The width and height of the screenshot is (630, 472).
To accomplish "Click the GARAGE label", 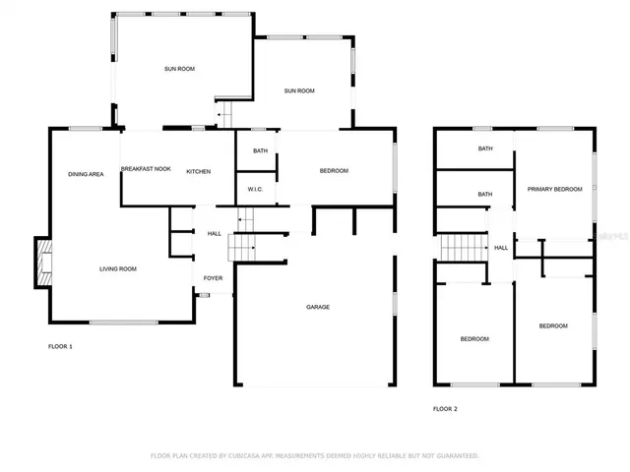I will click(x=317, y=308).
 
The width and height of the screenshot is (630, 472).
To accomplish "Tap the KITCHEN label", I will click(x=199, y=171).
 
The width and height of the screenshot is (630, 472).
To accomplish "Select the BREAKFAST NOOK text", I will click(x=146, y=169).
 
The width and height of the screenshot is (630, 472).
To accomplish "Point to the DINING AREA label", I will click(x=86, y=174).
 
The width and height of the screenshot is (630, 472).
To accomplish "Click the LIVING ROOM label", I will click(x=117, y=268).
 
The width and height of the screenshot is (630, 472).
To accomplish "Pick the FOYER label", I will click(x=213, y=278).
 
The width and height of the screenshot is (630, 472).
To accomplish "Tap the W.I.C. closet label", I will click(x=253, y=190).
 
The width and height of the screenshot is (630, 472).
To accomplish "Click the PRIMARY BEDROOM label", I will click(x=554, y=189).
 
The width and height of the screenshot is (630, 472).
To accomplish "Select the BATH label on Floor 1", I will click(x=260, y=150).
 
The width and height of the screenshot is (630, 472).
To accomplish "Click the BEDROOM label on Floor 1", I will click(x=334, y=171).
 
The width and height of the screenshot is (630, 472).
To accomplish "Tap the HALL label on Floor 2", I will click(x=501, y=248).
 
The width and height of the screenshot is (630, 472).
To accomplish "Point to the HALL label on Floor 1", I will click(x=214, y=233).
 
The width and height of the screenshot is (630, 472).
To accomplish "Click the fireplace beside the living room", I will click(x=42, y=264).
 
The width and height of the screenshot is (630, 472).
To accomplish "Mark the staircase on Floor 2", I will click(x=463, y=249).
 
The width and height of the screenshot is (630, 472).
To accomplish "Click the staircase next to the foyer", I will click(x=242, y=248).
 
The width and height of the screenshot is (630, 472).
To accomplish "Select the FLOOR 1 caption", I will click(x=60, y=347).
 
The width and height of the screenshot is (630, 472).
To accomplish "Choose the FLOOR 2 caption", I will click(x=445, y=408).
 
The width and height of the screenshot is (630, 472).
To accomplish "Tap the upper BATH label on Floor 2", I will click(x=485, y=149).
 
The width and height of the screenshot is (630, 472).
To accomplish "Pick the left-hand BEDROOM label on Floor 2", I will click(x=474, y=339).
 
